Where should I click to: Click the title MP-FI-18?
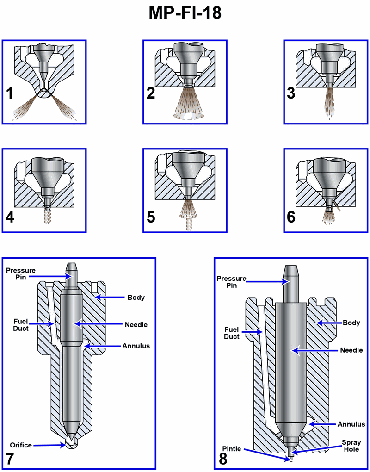tap(185, 13)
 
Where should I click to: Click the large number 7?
tap(10, 458)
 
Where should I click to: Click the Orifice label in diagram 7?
tap(20, 445)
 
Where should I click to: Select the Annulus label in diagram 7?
tap(136, 346)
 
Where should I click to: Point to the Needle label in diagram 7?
tap(136, 324)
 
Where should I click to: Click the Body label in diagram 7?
tap(136, 298)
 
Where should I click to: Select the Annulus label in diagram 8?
tap(351, 424)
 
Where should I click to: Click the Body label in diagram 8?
tap(351, 323)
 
